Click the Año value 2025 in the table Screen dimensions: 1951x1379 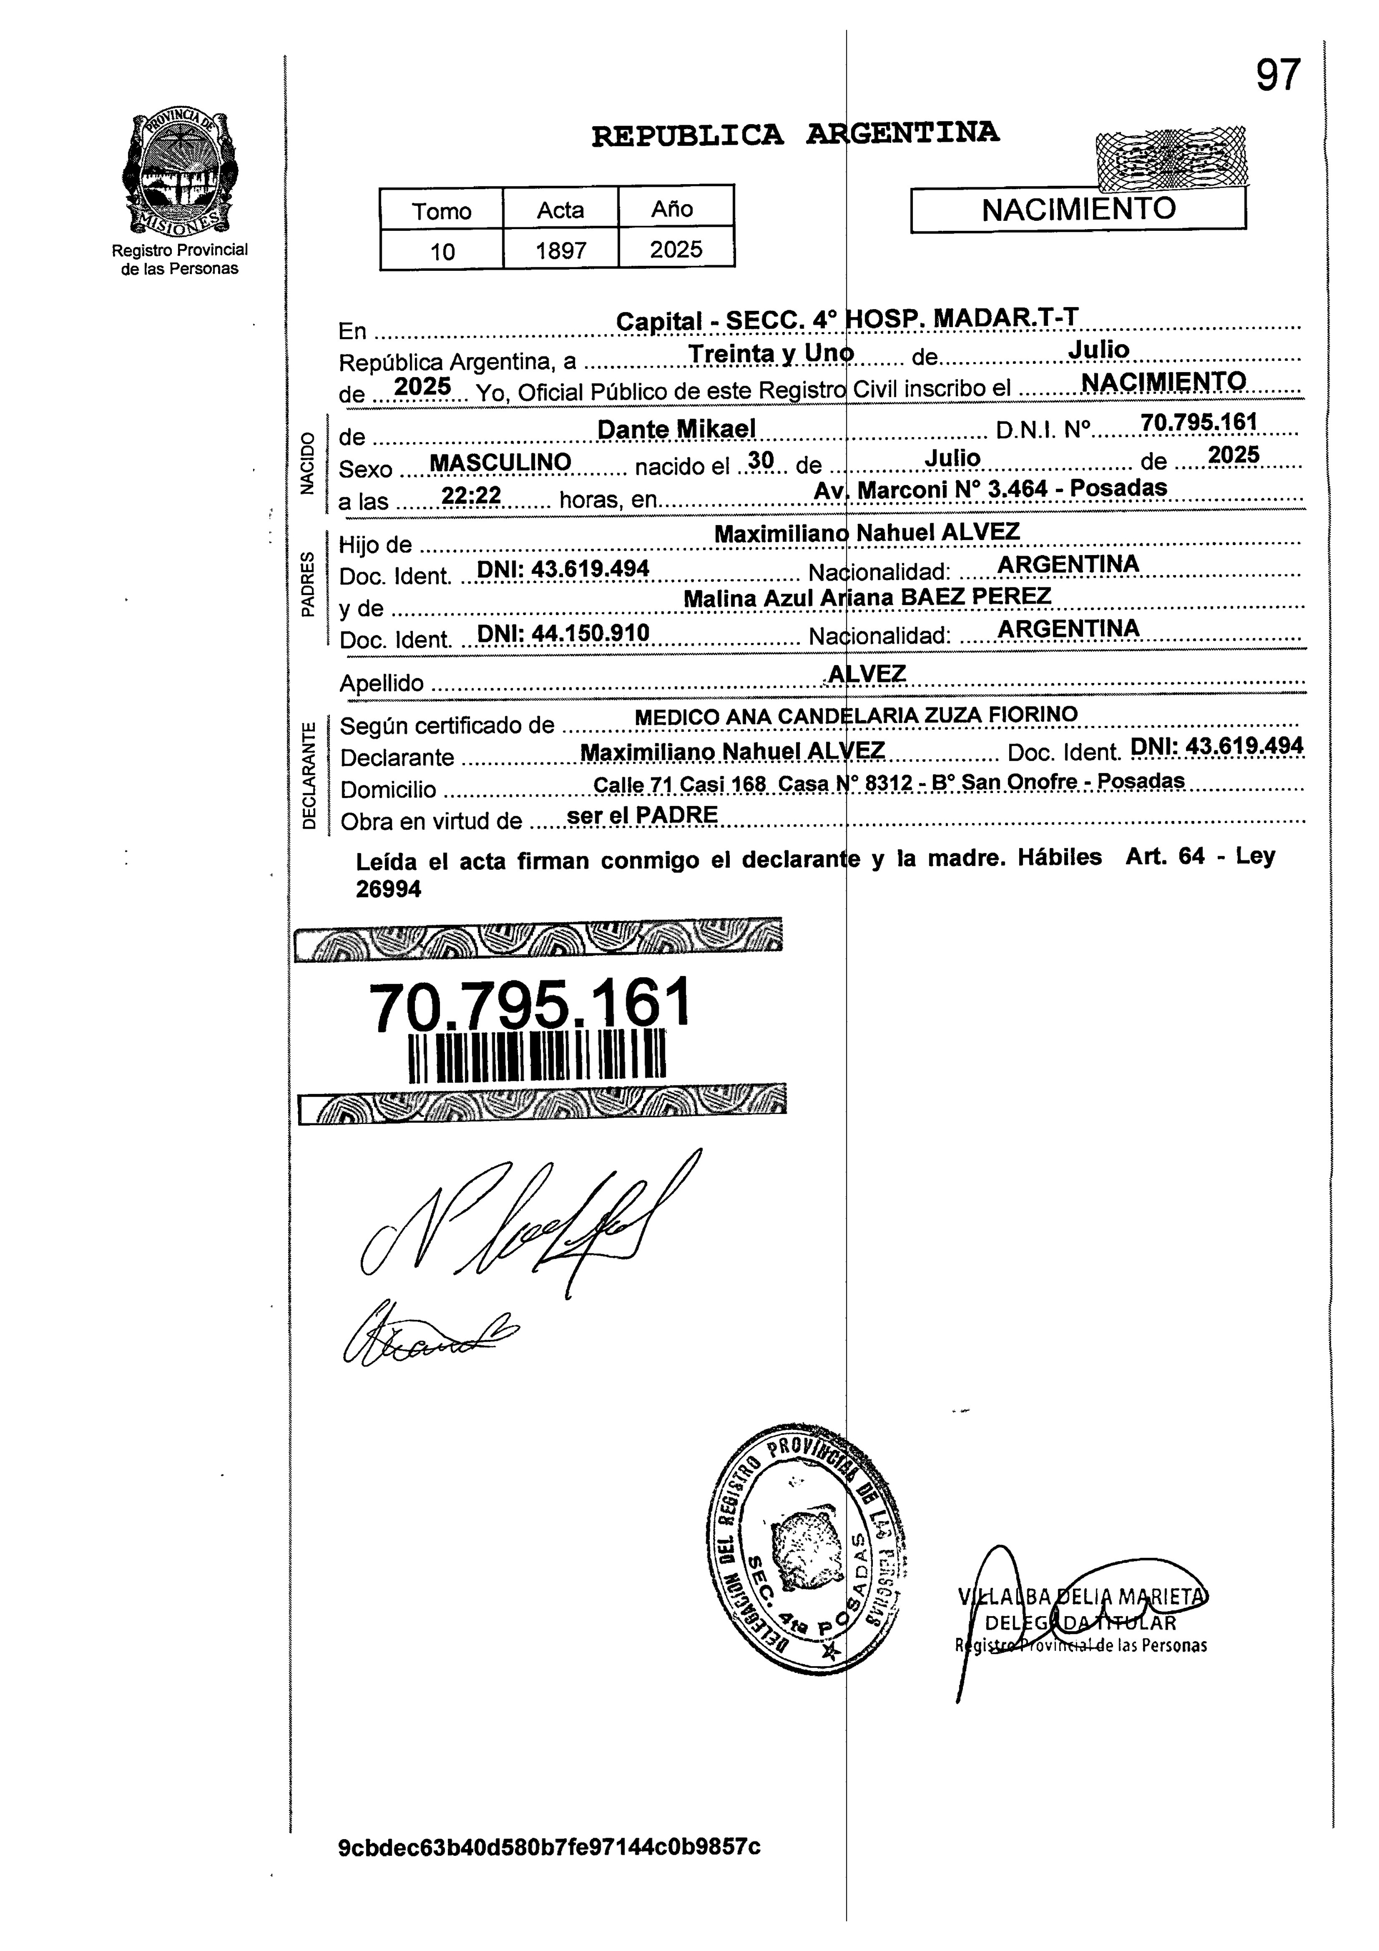pyautogui.click(x=676, y=250)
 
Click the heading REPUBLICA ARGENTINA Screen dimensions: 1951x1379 pyautogui.click(x=795, y=134)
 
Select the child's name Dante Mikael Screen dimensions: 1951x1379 pyautogui.click(x=676, y=430)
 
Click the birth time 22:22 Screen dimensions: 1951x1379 pyautogui.click(x=472, y=496)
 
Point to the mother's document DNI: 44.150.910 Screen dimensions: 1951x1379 pyautogui.click(x=564, y=633)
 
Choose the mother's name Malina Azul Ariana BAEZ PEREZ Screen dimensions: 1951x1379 pyautogui.click(x=867, y=597)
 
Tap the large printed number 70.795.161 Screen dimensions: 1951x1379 pyautogui.click(x=530, y=1005)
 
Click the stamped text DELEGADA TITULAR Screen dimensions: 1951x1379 pyautogui.click(x=1080, y=1623)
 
